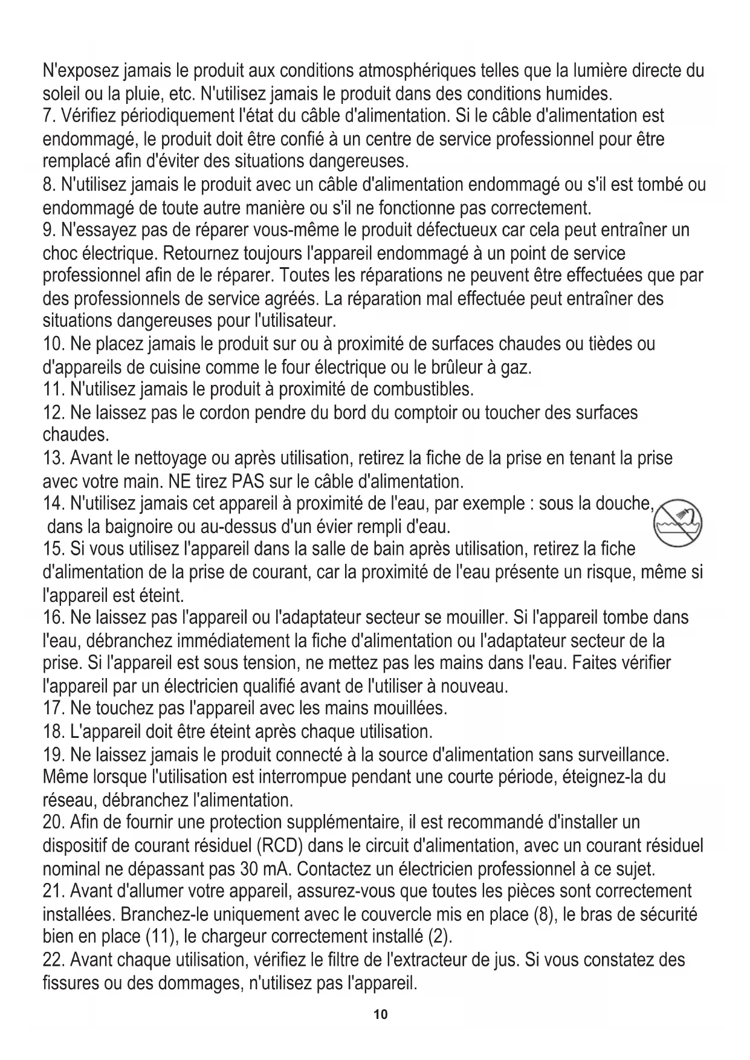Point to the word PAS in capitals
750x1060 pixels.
pos(245,482)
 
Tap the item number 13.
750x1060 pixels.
pos(54,458)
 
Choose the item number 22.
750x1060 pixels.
pos(54,960)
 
